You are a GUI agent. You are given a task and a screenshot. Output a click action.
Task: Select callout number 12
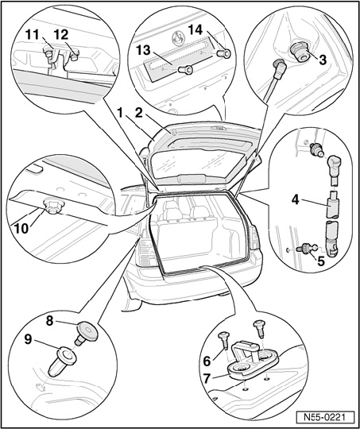[61, 35]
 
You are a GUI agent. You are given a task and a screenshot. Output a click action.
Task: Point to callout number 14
[195, 29]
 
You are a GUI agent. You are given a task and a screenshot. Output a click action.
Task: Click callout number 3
[323, 60]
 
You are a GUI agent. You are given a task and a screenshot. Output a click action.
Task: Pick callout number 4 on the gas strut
[295, 200]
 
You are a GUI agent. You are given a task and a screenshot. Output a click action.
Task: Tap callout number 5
[320, 261]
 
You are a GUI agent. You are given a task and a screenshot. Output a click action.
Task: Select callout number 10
[21, 229]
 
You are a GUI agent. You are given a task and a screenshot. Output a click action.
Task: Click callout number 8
[49, 321]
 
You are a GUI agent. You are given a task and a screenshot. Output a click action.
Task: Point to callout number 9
[28, 339]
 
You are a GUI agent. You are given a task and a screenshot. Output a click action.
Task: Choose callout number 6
[207, 361]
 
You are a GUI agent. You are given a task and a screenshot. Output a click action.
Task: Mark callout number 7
[207, 379]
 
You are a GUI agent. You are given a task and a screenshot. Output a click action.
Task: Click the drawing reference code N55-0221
[325, 418]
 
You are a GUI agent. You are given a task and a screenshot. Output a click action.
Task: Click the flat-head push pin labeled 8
[86, 333]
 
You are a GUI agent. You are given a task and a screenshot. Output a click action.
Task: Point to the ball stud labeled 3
[301, 52]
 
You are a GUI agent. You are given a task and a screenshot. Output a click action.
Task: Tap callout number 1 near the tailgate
[119, 113]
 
